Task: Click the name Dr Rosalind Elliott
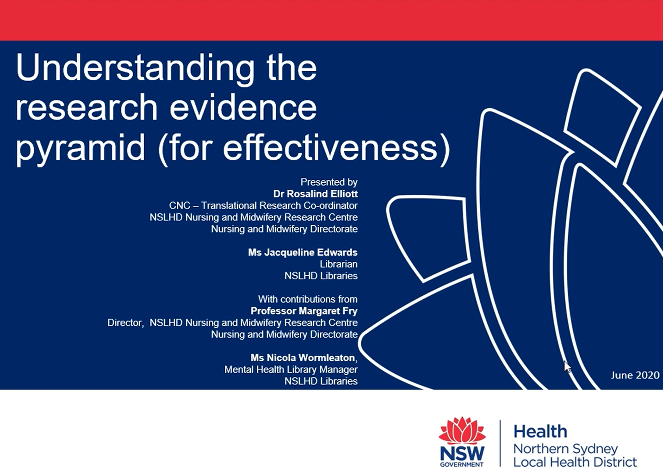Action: [315, 194]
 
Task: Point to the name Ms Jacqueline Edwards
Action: [303, 253]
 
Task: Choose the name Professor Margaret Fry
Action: [304, 311]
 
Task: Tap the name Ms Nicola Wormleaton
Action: [303, 358]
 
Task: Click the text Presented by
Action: [329, 182]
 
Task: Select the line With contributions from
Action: [308, 299]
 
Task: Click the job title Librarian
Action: [339, 264]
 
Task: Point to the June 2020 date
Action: [635, 375]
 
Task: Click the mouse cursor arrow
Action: [567, 367]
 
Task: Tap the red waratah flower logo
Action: [462, 431]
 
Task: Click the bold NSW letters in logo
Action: [462, 453]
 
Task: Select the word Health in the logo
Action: [540, 431]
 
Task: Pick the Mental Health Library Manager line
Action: [291, 370]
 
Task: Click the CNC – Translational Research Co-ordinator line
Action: [263, 206]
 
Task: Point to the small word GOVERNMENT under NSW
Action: [462, 464]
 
